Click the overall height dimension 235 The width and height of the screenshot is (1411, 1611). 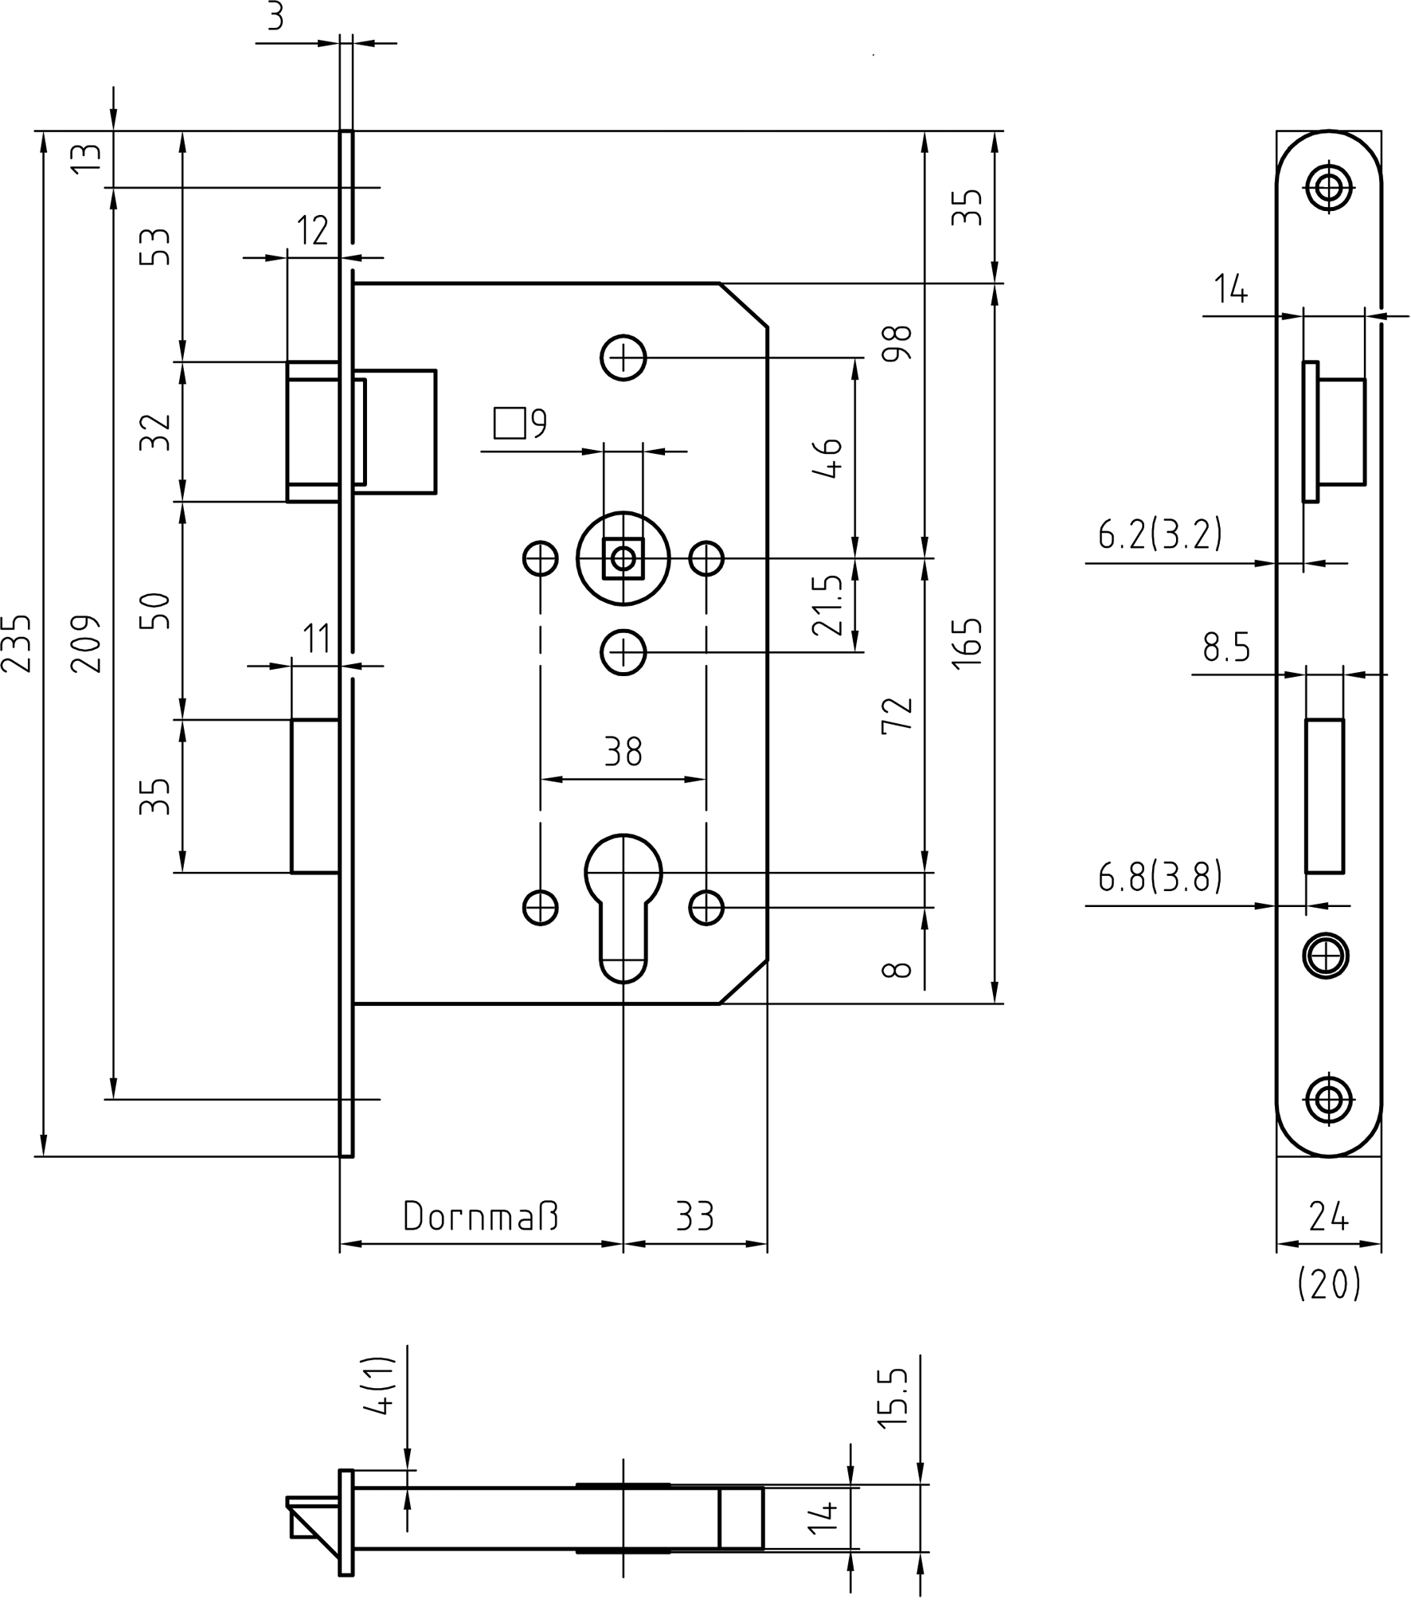[18, 643]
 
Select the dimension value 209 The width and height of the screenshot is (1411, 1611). [86, 643]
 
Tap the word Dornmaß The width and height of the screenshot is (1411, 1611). [480, 1216]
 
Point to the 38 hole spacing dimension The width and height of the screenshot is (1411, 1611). [623, 751]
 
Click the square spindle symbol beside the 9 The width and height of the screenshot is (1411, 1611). [510, 423]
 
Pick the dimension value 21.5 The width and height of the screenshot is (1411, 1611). [828, 605]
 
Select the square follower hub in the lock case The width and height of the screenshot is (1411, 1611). [623, 558]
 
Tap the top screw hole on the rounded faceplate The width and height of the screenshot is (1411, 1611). [1328, 189]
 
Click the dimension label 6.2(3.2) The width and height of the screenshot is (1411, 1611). [1159, 534]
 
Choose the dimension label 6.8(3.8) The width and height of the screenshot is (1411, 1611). [1159, 877]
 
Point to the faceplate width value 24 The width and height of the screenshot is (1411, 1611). [1328, 1216]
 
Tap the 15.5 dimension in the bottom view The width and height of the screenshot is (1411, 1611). [895, 1398]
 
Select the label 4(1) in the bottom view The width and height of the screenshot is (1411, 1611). [380, 1386]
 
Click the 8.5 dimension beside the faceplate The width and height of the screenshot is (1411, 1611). [1226, 647]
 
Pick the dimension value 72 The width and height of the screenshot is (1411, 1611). [898, 714]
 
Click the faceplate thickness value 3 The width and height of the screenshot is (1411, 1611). [276, 16]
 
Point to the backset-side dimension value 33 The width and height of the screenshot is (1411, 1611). [694, 1216]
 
